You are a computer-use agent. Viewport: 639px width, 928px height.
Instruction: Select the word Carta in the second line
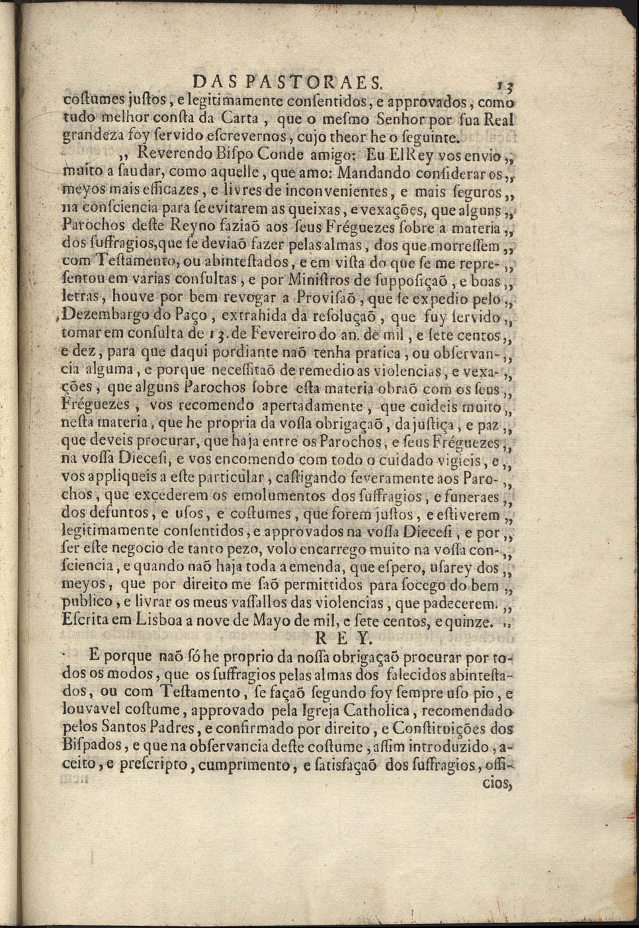244,120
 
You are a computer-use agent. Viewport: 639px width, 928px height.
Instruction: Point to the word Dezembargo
106,315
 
